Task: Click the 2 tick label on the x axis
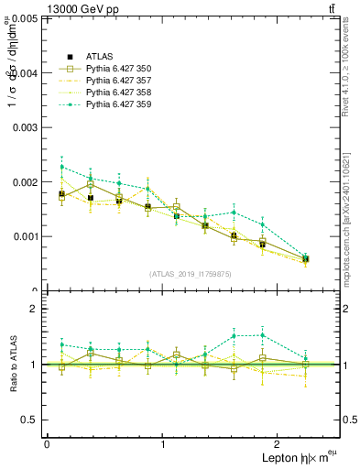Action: pos(278,444)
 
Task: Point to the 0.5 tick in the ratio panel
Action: pos(31,420)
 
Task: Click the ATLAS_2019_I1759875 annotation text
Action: pos(191,273)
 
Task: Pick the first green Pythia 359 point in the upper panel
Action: pos(61,167)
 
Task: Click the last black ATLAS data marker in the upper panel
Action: pos(306,259)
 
